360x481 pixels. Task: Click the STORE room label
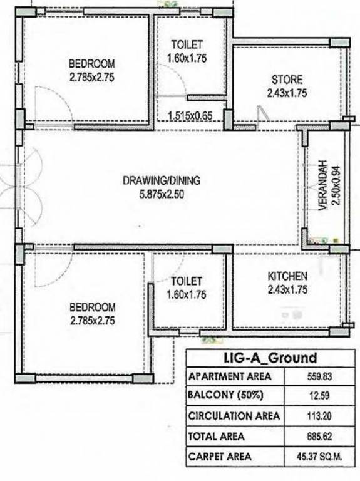[287, 80]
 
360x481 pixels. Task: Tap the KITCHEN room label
[287, 276]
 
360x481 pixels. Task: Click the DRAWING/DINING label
[161, 181]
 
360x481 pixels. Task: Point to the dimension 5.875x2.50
[161, 194]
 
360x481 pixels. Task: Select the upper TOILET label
[187, 44]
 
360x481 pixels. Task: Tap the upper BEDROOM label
[92, 63]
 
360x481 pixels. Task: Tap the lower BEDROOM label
[92, 307]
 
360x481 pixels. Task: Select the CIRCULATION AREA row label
[234, 416]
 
